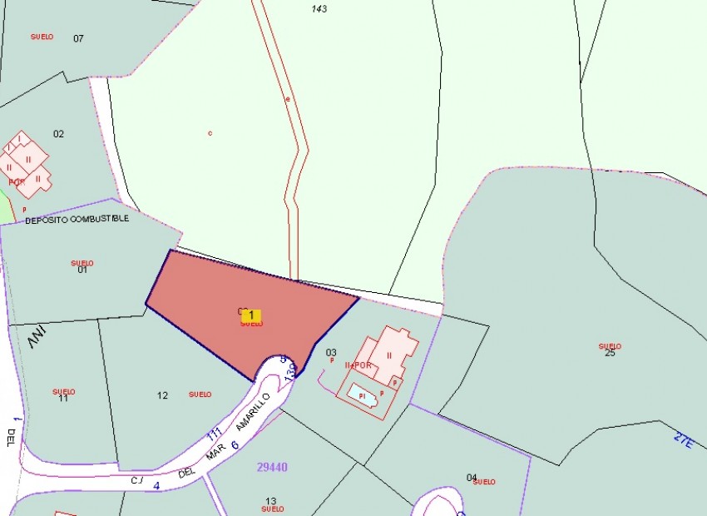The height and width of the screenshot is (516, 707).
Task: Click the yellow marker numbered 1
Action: pyautogui.click(x=251, y=315)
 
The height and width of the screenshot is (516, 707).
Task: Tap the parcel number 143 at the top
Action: pyautogui.click(x=319, y=9)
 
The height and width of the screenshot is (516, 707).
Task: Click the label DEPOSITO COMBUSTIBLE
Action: pyautogui.click(x=77, y=220)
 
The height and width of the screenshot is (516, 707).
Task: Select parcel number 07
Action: pyautogui.click(x=79, y=38)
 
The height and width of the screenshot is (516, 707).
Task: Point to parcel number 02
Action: pyautogui.click(x=58, y=134)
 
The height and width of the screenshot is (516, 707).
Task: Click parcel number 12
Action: pyautogui.click(x=162, y=395)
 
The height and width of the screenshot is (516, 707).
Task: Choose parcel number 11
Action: pyautogui.click(x=63, y=399)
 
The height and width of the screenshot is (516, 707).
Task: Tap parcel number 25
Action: pyautogui.click(x=610, y=353)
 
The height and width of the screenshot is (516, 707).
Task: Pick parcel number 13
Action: pyautogui.click(x=270, y=501)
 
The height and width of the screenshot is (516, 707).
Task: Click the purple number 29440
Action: pyautogui.click(x=272, y=468)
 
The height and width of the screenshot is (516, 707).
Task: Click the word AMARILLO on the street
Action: pyautogui.click(x=253, y=411)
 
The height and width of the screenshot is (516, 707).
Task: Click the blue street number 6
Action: pyautogui.click(x=235, y=445)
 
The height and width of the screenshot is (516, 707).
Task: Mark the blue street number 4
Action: pyautogui.click(x=156, y=484)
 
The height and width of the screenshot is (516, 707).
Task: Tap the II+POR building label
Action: pyautogui.click(x=358, y=365)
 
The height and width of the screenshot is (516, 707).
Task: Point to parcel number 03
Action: pyautogui.click(x=331, y=353)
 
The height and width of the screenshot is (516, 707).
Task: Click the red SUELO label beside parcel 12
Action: pyautogui.click(x=200, y=394)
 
